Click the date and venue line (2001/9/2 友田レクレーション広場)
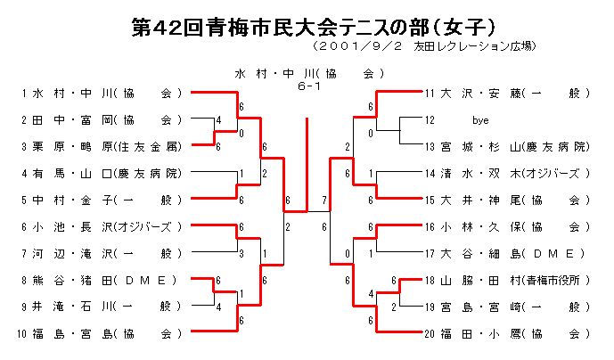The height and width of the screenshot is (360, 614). tap(427, 46)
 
